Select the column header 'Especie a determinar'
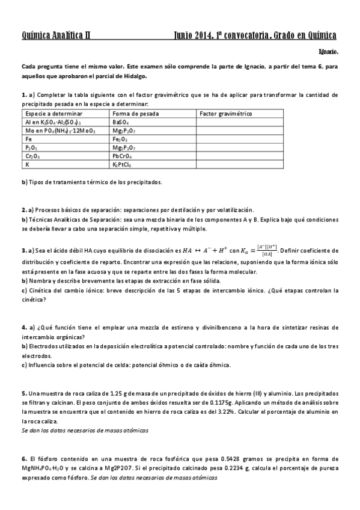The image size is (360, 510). coord(47,113)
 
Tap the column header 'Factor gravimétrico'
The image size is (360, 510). coord(225,113)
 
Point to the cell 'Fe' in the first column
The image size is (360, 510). coord(28,138)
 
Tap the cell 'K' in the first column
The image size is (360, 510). coord(27,164)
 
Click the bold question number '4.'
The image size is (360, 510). coord(24,328)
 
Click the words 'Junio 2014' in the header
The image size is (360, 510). coord(192,35)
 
